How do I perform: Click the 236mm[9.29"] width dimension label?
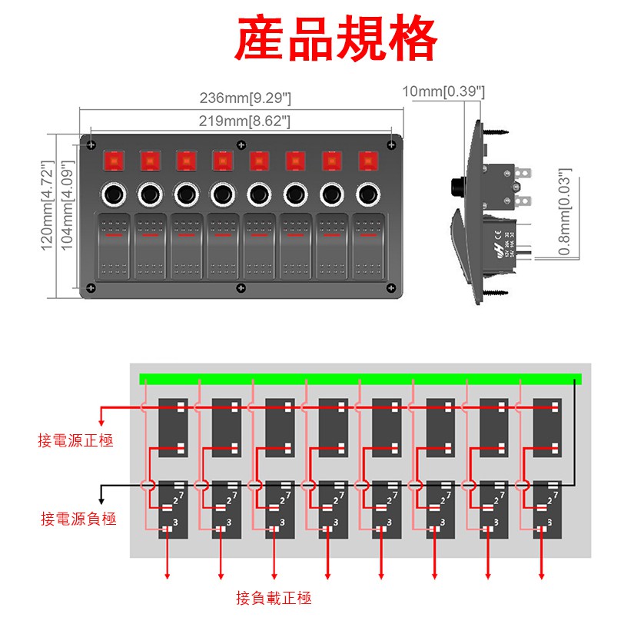pyautogui.click(x=245, y=98)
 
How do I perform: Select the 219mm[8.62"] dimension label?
pyautogui.click(x=244, y=121)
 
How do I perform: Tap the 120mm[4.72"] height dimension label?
pyautogui.click(x=48, y=206)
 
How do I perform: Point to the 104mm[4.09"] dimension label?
pyautogui.click(x=66, y=206)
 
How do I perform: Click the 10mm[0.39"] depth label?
pyautogui.click(x=444, y=91)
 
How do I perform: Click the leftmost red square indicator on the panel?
pyautogui.click(x=113, y=161)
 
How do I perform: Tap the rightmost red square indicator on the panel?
pyautogui.click(x=369, y=161)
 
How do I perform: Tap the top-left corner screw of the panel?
pyautogui.click(x=91, y=145)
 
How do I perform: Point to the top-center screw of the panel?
pyautogui.click(x=241, y=144)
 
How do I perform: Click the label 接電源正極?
pyautogui.click(x=76, y=440)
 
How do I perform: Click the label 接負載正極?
pyautogui.click(x=274, y=598)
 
